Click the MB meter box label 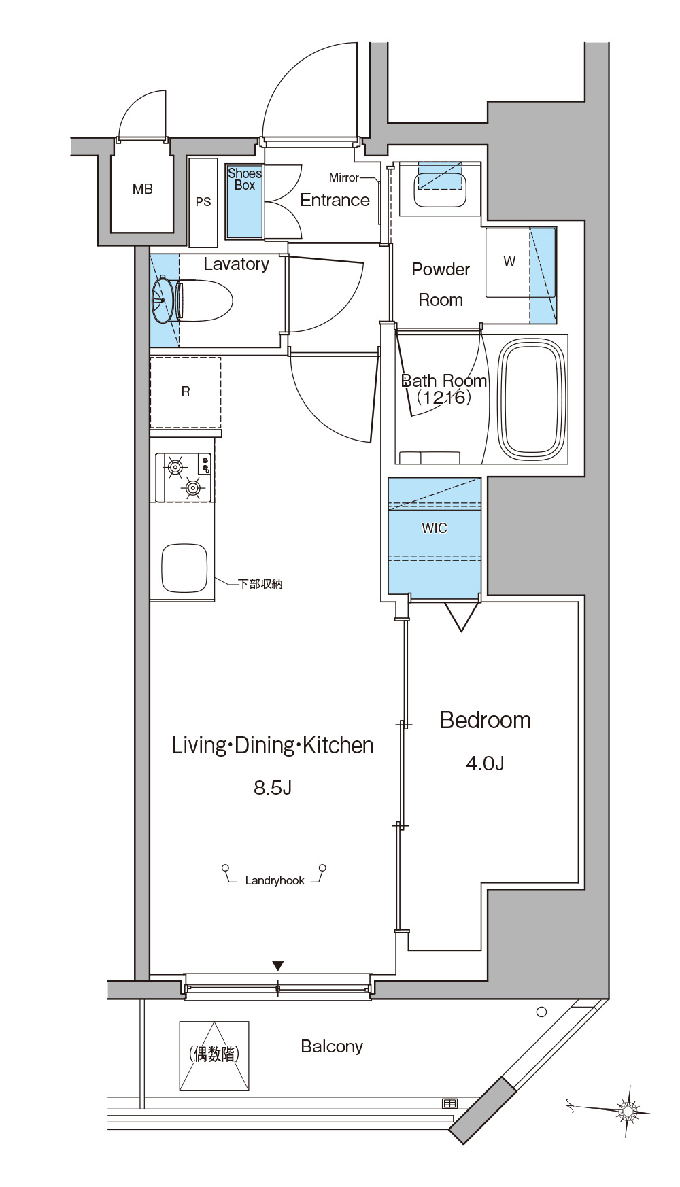(143, 190)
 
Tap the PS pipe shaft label (203, 202)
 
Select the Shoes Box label (245, 179)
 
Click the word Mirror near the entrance (343, 177)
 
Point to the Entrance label (335, 200)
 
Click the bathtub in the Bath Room (532, 400)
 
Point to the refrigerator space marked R (186, 392)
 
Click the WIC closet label (435, 528)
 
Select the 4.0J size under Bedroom (485, 763)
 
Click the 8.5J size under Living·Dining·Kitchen (273, 788)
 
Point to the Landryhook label (275, 880)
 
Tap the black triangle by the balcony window (277, 966)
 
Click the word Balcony (332, 1047)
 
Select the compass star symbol (627, 1110)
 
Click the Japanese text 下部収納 (260, 584)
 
